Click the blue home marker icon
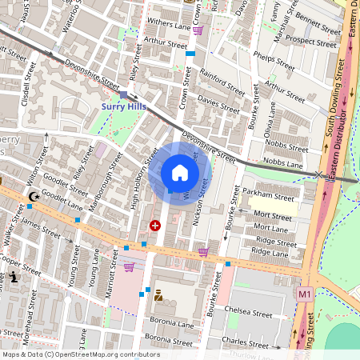click(x=180, y=173)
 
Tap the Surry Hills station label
click(x=123, y=106)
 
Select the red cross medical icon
click(x=154, y=226)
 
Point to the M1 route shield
click(x=303, y=294)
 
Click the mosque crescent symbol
click(x=33, y=196)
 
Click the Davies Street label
click(x=218, y=104)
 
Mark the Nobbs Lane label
click(x=283, y=163)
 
